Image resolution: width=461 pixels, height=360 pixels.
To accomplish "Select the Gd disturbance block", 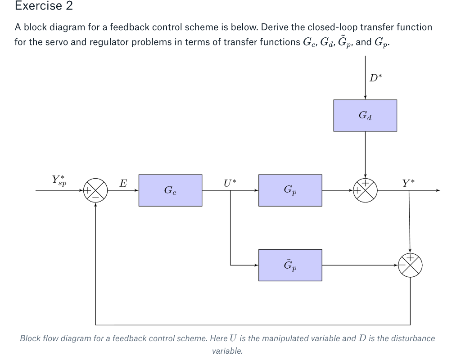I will click(365, 116).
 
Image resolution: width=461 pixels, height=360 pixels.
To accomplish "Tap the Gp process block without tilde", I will click(290, 190).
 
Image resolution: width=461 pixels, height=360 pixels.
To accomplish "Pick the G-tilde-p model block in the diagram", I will click(290, 265).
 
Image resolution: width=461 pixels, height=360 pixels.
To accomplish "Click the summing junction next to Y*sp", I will click(96, 190).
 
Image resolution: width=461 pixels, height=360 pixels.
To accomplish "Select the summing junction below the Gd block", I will click(365, 190).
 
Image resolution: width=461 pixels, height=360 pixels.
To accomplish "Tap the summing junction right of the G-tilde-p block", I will click(410, 265).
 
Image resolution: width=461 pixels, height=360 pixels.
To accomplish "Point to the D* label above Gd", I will click(374, 77).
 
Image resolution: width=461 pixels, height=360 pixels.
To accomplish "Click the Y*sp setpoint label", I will click(59, 180).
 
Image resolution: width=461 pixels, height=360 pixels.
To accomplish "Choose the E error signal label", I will click(122, 183).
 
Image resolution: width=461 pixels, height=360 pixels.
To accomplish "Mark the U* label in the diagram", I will click(230, 183).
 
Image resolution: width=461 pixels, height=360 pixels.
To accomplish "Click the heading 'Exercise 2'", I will click(44, 6).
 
